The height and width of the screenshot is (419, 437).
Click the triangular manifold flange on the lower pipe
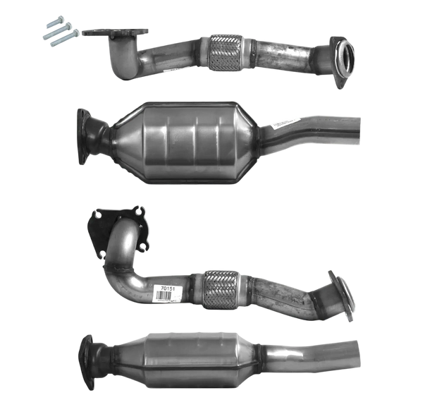118,226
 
